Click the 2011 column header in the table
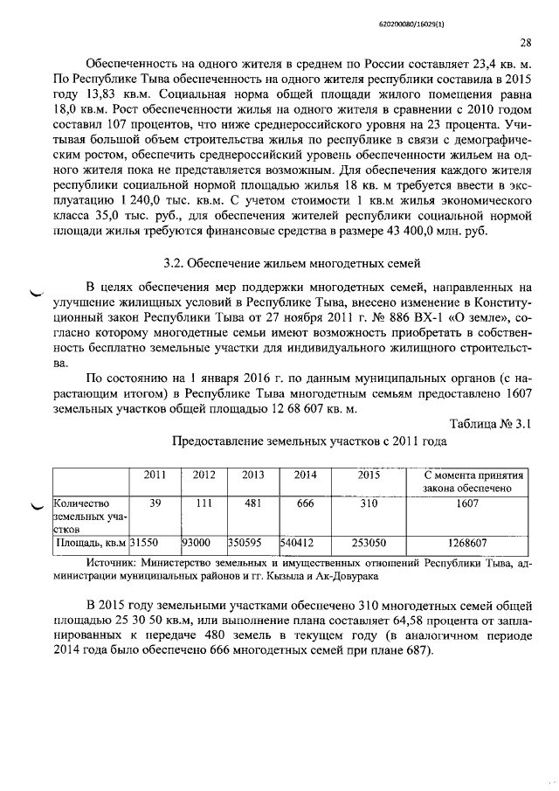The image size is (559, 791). (155, 475)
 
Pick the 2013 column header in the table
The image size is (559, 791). (252, 475)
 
